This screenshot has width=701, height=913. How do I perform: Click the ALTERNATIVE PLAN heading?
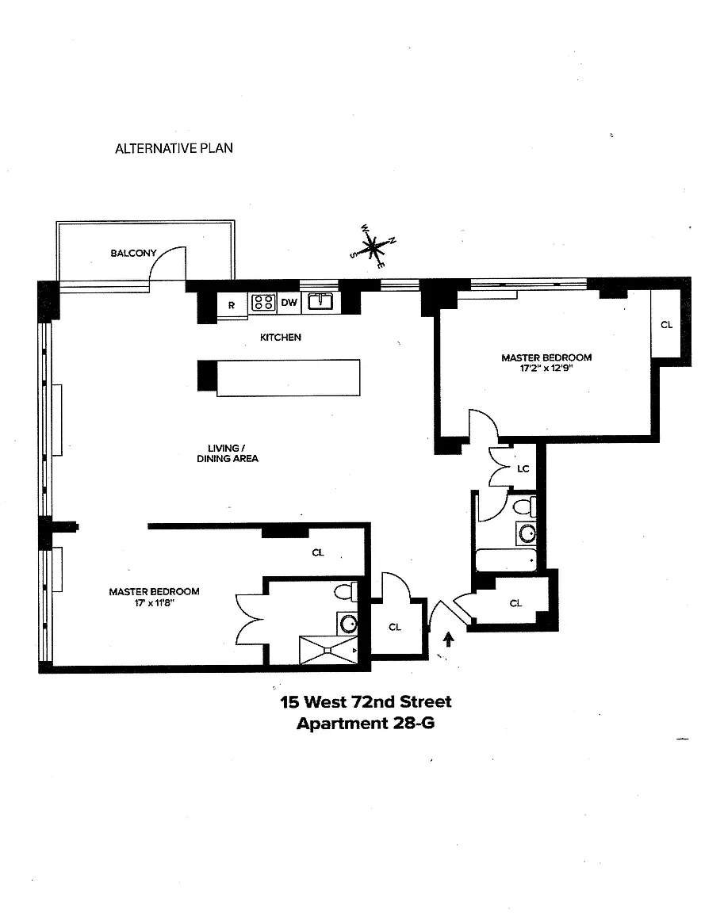[174, 148]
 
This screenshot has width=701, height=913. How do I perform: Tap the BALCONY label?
[133, 253]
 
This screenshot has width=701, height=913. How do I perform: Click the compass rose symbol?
[373, 246]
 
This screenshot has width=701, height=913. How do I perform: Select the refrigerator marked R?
[232, 305]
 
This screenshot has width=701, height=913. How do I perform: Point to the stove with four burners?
[263, 302]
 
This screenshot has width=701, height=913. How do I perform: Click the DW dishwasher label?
[289, 302]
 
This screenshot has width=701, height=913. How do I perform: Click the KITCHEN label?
[280, 337]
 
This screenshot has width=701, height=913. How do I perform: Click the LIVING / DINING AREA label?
[228, 453]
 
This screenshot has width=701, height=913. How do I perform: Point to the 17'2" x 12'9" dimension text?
[546, 368]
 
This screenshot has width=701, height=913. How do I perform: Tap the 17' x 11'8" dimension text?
[155, 602]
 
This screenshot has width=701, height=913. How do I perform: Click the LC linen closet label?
[523, 468]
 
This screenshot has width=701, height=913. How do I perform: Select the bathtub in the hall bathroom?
[506, 560]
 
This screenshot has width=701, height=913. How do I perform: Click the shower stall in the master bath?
[328, 650]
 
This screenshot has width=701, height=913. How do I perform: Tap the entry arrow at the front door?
[449, 640]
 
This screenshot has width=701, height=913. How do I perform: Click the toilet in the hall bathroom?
[526, 506]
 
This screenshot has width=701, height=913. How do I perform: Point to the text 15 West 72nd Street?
[366, 701]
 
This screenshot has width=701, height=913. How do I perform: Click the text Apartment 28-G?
[366, 723]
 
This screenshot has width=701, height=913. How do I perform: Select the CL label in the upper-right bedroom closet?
[667, 324]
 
